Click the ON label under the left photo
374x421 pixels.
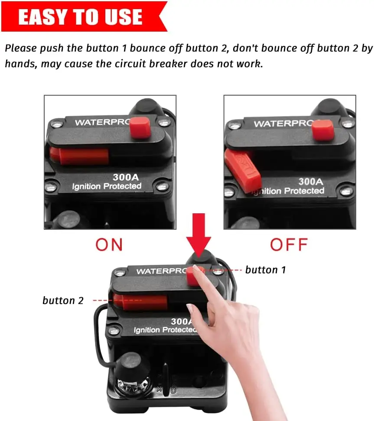109,244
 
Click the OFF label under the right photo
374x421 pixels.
289,244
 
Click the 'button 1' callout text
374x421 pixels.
266,270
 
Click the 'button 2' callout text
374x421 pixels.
63,301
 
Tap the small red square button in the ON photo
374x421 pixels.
140,127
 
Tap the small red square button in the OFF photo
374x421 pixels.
323,130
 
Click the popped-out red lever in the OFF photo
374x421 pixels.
243,171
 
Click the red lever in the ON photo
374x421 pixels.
82,156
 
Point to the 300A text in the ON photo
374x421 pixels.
126,177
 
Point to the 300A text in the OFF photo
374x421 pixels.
311,181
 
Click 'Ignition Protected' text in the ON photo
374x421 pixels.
107,186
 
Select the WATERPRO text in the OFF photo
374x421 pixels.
282,124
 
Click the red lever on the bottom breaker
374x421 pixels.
141,302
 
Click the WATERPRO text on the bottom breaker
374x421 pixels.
160,271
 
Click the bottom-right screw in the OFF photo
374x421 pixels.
345,191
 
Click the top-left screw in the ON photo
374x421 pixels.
55,125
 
